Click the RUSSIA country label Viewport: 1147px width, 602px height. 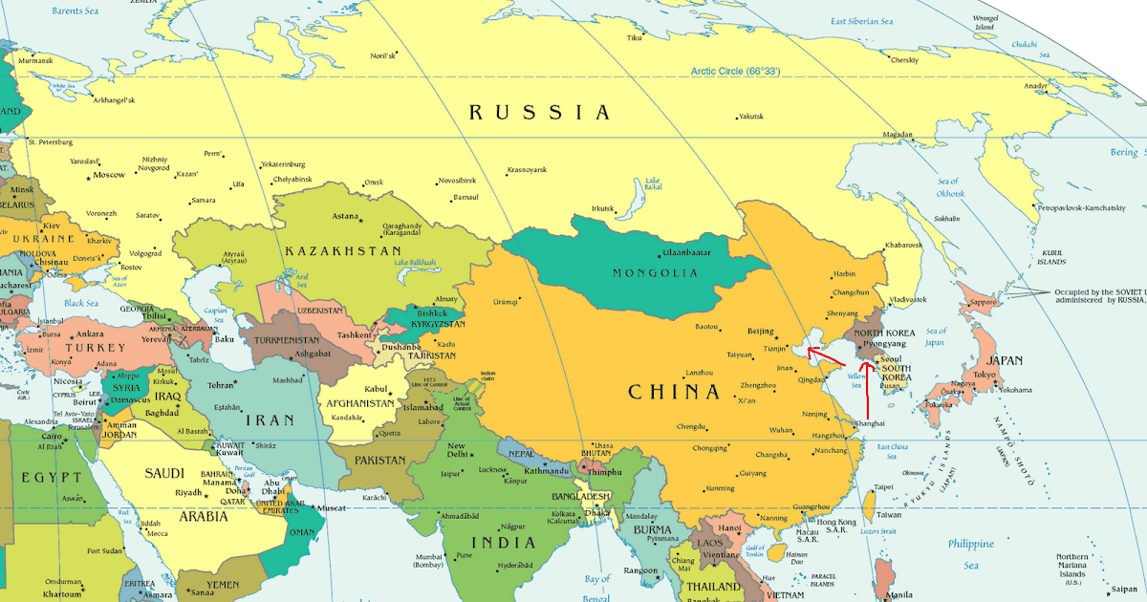[539, 113]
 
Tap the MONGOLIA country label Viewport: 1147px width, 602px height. [658, 273]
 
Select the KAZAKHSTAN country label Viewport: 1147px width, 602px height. [342, 251]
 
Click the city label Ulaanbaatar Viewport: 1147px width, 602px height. [686, 253]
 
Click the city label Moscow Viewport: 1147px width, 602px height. [108, 175]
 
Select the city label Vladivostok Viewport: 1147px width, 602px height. [908, 300]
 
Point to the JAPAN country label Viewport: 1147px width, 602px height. [1005, 360]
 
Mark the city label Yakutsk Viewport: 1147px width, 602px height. [750, 117]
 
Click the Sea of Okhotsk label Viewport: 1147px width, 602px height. [949, 187]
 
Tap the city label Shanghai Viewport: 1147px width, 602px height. [870, 423]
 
